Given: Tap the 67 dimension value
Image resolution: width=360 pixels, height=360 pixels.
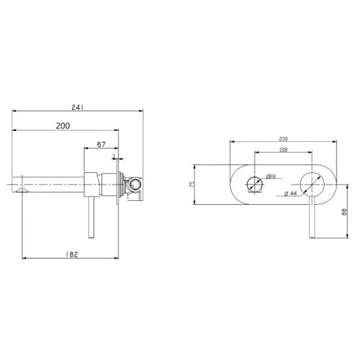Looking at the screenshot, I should pos(101,143).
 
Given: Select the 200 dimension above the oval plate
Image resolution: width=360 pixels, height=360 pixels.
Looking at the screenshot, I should pos(283,139).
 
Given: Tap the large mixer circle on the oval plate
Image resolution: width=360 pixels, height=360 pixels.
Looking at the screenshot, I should pos(313,185).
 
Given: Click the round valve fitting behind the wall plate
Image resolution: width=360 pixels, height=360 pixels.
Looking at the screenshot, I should pos(133,186).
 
